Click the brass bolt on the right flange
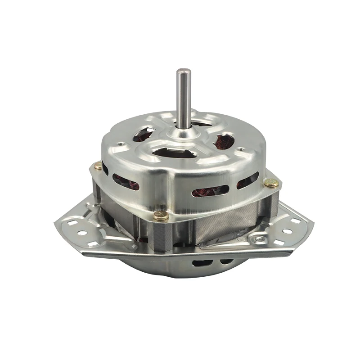click(x=271, y=182)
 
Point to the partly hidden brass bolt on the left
click(x=98, y=166)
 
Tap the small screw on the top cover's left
click(x=121, y=144)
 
